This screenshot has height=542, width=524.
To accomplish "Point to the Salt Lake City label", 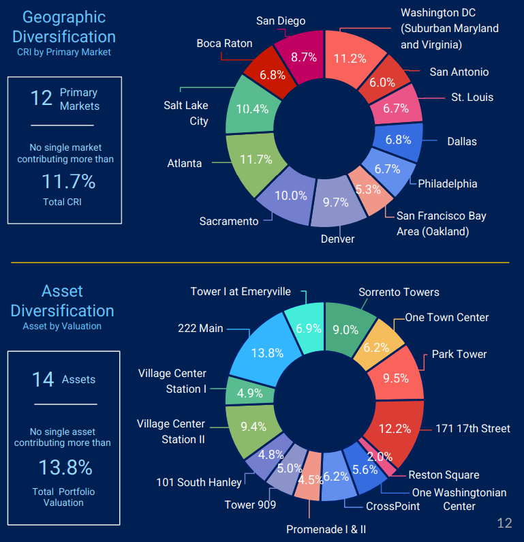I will (x=186, y=113).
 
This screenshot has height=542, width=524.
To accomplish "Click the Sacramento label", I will (x=229, y=221).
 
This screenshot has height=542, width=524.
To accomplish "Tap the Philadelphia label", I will (x=447, y=183).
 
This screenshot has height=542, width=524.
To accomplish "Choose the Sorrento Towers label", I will (x=399, y=292).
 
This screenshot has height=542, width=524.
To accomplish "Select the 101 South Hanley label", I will (x=199, y=482).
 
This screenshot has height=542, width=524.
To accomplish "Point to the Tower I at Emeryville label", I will (x=241, y=291).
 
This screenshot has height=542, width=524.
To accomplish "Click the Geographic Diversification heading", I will (x=64, y=27).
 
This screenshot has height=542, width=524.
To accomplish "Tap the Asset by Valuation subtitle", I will (x=62, y=326).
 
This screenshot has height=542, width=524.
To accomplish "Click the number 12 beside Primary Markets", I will (x=42, y=98).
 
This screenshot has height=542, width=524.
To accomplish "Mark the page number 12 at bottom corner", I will (x=504, y=523).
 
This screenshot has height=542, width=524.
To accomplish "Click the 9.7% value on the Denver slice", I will (x=335, y=202).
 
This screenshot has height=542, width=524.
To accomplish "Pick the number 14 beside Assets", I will (x=43, y=380).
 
